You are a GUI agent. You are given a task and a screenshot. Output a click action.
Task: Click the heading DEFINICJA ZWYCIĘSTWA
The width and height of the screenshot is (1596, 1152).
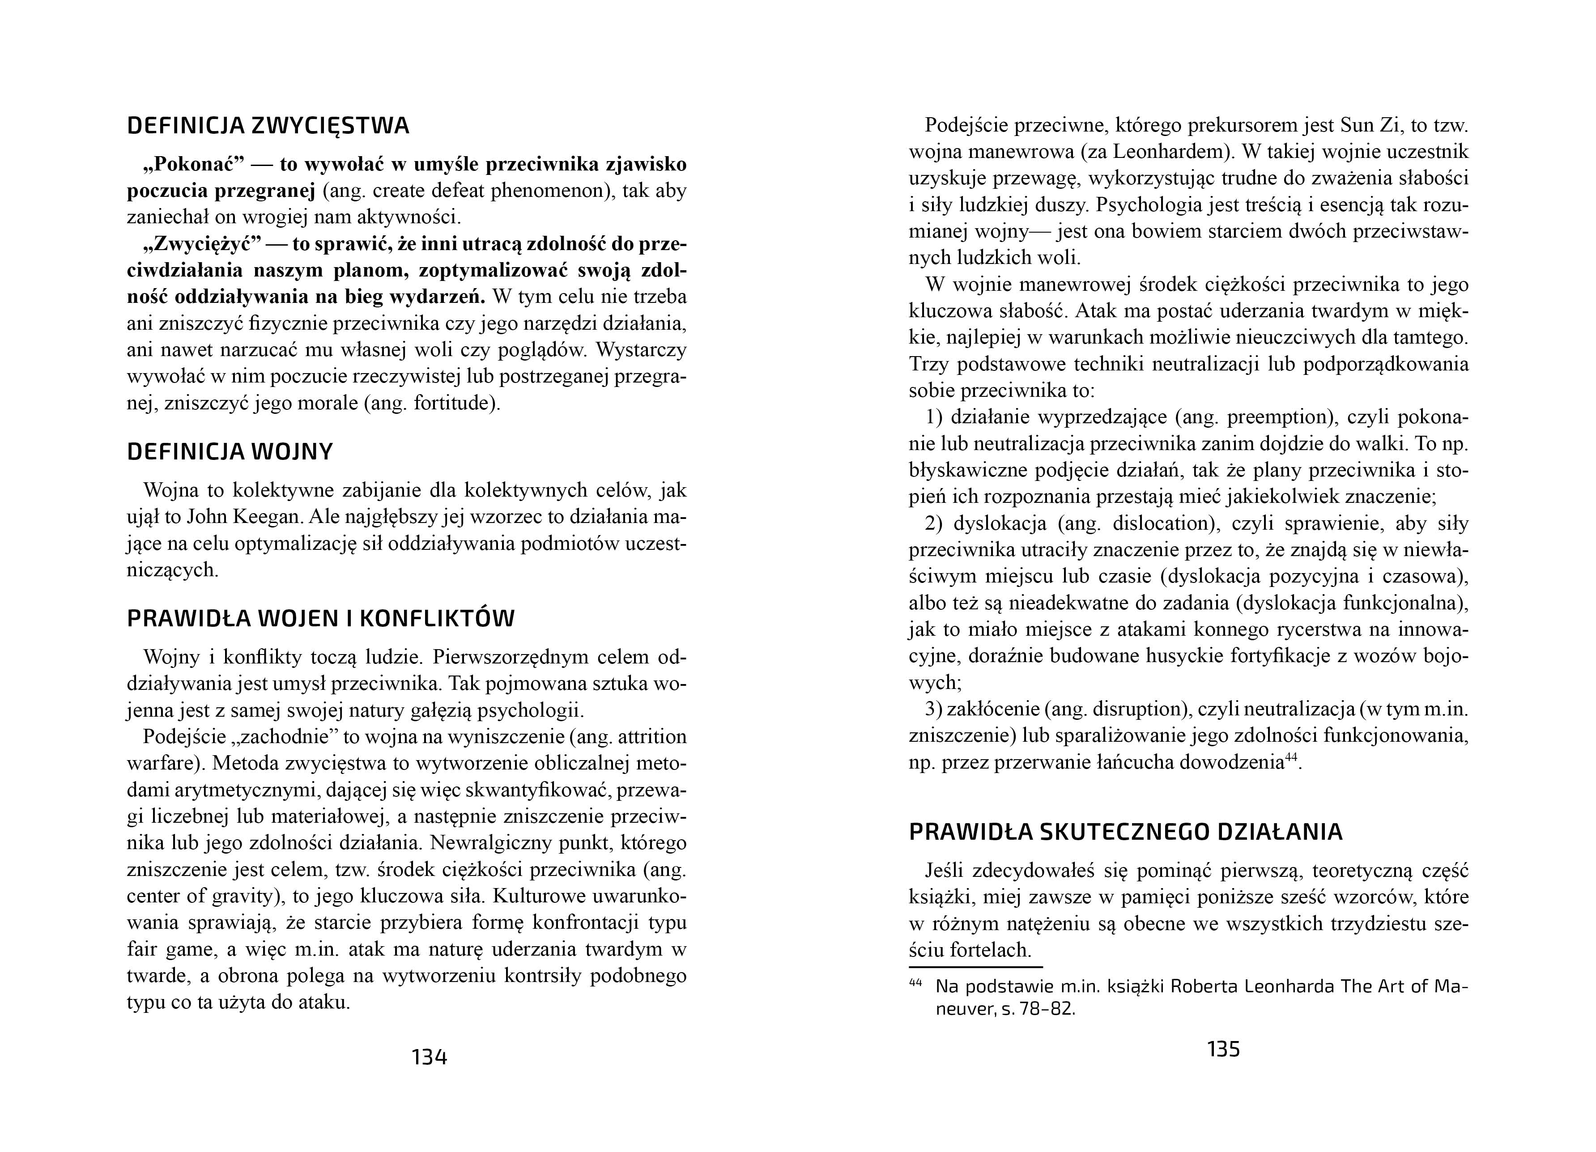[x=268, y=126]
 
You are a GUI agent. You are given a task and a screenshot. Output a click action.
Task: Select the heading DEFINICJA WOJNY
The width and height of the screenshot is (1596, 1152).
[x=230, y=452]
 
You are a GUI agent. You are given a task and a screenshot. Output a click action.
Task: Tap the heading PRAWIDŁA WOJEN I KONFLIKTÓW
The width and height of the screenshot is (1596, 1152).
[x=320, y=619]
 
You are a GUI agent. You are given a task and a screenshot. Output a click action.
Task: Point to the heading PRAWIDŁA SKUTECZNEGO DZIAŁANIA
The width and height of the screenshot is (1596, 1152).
[x=1125, y=832]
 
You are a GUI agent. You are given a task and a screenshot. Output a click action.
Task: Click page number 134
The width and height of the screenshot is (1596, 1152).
[x=429, y=1057]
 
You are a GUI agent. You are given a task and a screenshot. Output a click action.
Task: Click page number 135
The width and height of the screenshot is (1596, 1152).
[x=1223, y=1049]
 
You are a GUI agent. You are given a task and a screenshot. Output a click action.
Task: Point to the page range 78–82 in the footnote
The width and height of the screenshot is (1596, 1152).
[x=1047, y=1009]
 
